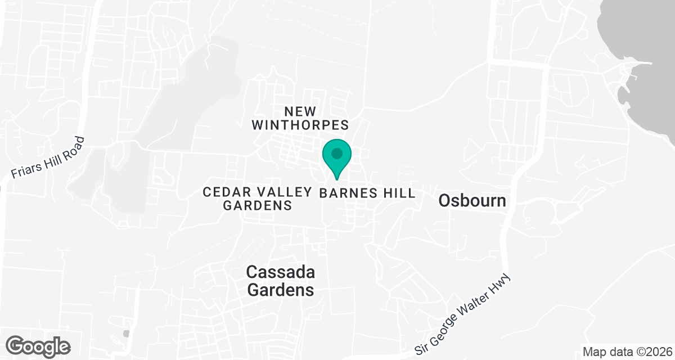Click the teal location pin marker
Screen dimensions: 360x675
(336, 158)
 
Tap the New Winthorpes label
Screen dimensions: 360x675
(300, 118)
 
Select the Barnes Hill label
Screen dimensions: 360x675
(367, 193)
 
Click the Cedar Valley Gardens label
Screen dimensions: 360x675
(258, 199)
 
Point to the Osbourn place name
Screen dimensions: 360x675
(472, 200)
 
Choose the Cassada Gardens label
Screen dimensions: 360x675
(280, 281)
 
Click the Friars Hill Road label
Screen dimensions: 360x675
(51, 158)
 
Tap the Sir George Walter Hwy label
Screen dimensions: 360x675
(465, 314)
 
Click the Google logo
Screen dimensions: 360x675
(38, 345)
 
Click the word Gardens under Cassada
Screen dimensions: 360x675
(280, 290)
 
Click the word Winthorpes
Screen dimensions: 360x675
(300, 125)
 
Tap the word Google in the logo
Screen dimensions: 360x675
(38, 345)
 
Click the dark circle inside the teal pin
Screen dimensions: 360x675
(336, 153)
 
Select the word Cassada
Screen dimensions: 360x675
(280, 272)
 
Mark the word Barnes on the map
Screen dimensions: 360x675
(346, 193)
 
